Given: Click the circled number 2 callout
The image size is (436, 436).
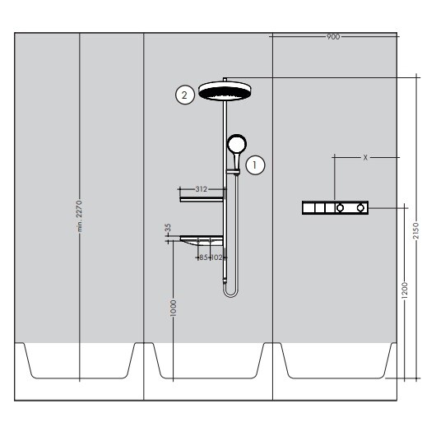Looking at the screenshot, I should tap(185, 95).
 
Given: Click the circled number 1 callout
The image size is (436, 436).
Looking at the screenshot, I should tap(257, 164).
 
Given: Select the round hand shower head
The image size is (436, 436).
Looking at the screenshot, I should tap(235, 145).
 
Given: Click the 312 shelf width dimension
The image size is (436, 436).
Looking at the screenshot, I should tap(202, 189).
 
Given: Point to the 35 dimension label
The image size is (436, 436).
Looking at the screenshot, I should tap(167, 228).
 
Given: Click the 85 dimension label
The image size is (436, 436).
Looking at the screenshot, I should tap(203, 257).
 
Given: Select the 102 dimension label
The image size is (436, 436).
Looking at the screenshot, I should tap(217, 257).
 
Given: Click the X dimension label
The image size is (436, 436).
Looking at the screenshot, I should tap(365, 156).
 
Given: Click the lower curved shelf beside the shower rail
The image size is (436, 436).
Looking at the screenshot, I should tap(197, 240).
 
